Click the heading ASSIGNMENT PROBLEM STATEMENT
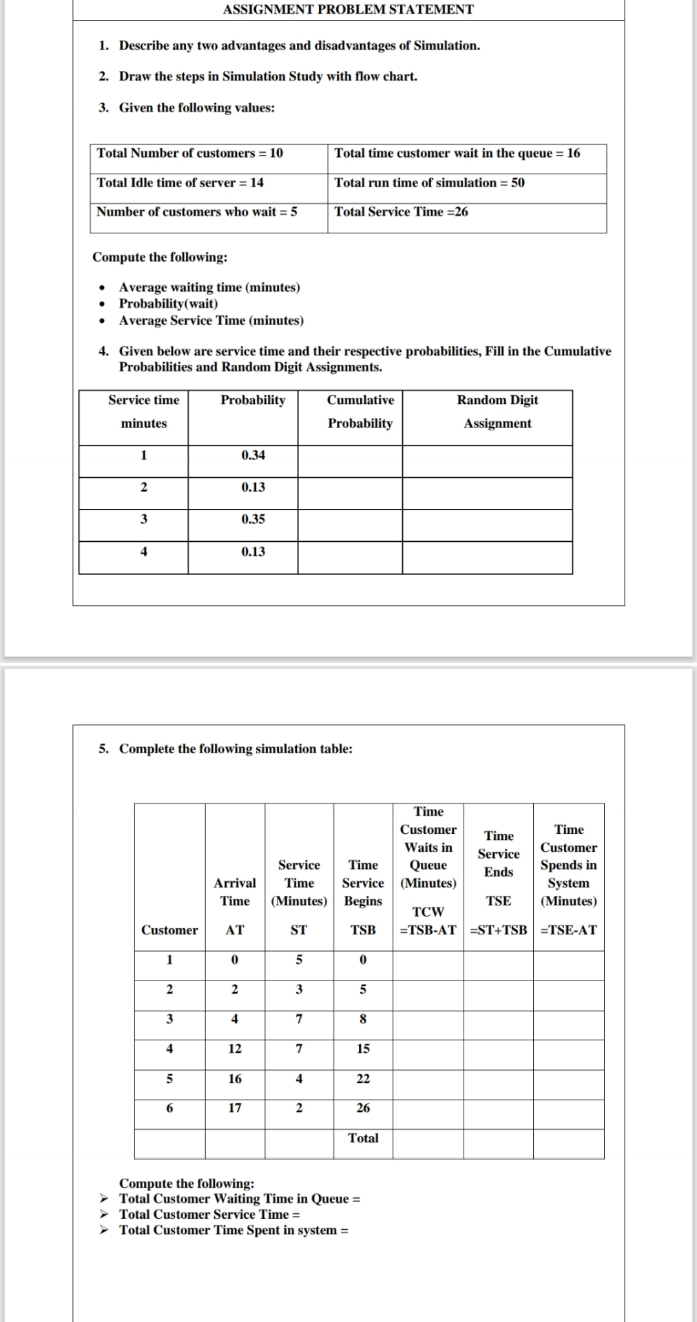pos(348,10)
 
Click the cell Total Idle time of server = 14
pos(180,182)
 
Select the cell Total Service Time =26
pos(401,212)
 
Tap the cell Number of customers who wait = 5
pos(197,212)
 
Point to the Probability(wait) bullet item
pos(169,304)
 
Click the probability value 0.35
pos(253,519)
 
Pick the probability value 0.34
pos(253,455)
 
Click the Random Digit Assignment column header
pos(497,412)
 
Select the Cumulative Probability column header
pos(360,412)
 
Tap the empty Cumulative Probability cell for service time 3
pos(350,525)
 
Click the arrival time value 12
pos(235,1049)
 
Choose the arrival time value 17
pos(235,1108)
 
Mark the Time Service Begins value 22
pos(363,1079)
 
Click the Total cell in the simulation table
pos(363,1138)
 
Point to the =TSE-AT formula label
pos(569,930)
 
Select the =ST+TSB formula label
pos(498,930)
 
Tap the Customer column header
pos(169,930)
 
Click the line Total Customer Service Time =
pos(209,1214)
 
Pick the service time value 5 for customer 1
pos(298,960)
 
